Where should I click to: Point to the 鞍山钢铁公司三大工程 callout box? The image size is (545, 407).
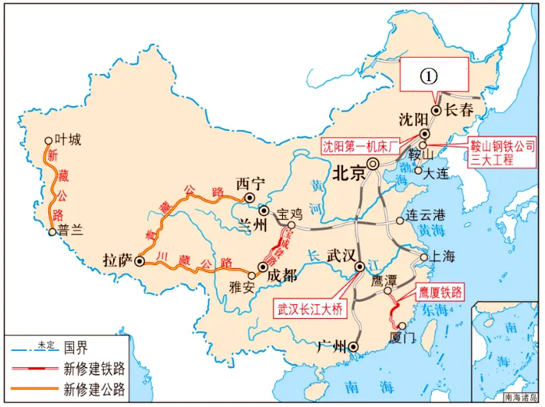click(x=501, y=152)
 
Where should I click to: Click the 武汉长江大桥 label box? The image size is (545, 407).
click(x=310, y=309)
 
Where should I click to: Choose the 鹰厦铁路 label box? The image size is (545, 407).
click(x=440, y=293)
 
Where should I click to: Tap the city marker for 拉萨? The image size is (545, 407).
click(x=140, y=262)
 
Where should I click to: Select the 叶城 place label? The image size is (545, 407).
click(x=68, y=140)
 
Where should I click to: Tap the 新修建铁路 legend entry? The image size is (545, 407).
click(x=94, y=367)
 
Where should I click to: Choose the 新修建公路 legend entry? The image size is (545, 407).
click(x=94, y=388)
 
